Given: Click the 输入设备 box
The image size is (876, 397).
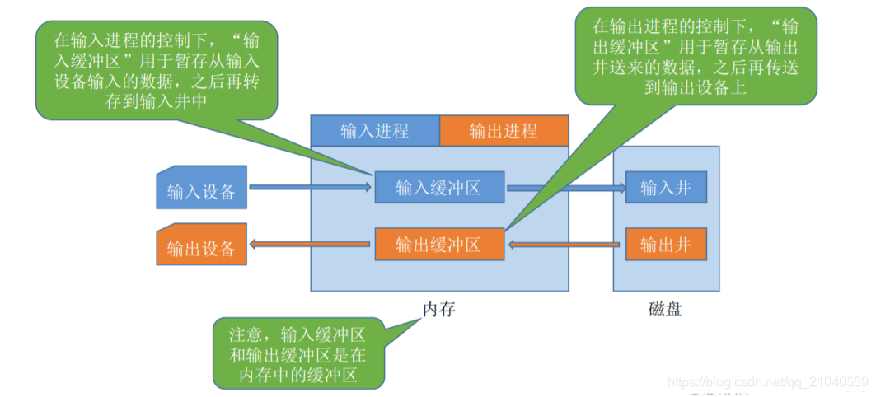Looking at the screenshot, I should pyautogui.click(x=201, y=191).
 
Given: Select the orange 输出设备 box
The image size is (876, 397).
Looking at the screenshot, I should pyautogui.click(x=201, y=246).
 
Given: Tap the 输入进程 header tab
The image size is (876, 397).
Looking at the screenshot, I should pyautogui.click(x=375, y=131).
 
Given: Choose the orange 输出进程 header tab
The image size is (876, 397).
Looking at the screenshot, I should pyautogui.click(x=503, y=131).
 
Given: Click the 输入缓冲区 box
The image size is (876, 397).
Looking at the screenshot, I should pyautogui.click(x=438, y=188).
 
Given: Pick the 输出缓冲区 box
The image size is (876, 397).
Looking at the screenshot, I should pyautogui.click(x=438, y=244).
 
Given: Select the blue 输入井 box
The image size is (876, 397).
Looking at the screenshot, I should pyautogui.click(x=665, y=188).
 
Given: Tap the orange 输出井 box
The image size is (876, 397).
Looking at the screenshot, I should pyautogui.click(x=665, y=244).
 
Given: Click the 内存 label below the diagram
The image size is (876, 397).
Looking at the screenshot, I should pyautogui.click(x=438, y=310).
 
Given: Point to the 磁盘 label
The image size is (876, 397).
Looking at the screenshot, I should pyautogui.click(x=665, y=310).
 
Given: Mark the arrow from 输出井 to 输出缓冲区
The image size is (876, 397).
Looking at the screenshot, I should pyautogui.click(x=565, y=244).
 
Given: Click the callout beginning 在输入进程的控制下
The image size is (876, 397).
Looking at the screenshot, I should pyautogui.click(x=157, y=70).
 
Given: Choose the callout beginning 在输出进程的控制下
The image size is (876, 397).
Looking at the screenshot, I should pyautogui.click(x=697, y=55).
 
